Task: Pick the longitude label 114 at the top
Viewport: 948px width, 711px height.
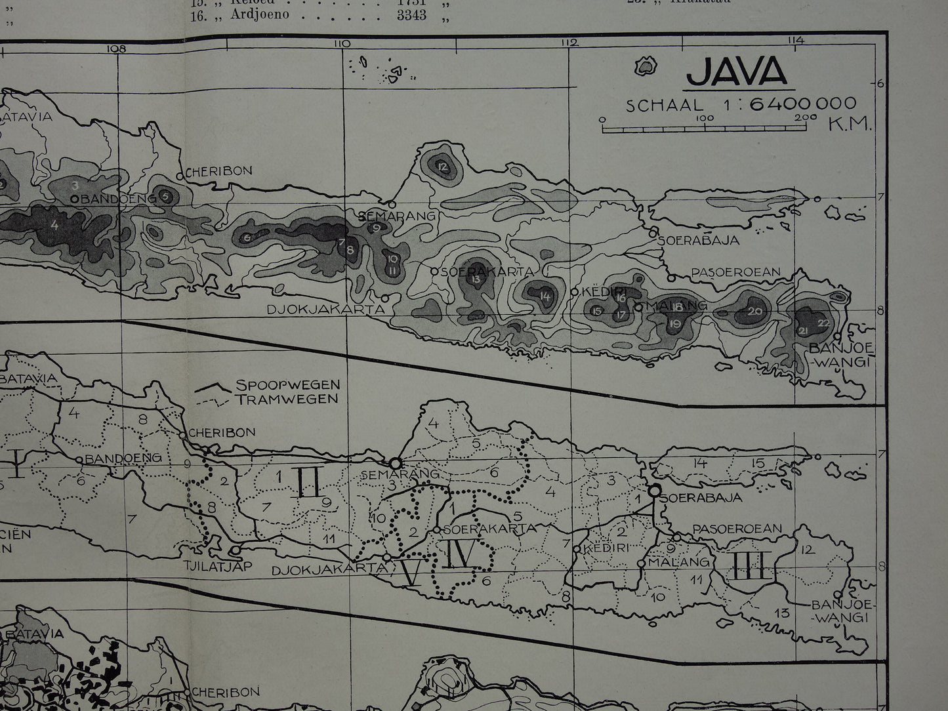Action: (796, 41)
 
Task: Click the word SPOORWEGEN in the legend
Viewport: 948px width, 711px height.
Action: (287, 385)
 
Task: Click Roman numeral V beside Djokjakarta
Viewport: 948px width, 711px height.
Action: (411, 574)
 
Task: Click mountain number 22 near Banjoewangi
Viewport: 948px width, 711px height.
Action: (824, 323)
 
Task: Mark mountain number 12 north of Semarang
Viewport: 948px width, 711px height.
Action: (442, 167)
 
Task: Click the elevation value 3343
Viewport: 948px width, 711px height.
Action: (411, 14)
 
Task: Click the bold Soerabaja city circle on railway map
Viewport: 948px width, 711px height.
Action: (654, 489)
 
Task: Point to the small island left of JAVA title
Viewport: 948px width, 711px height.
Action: (646, 66)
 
